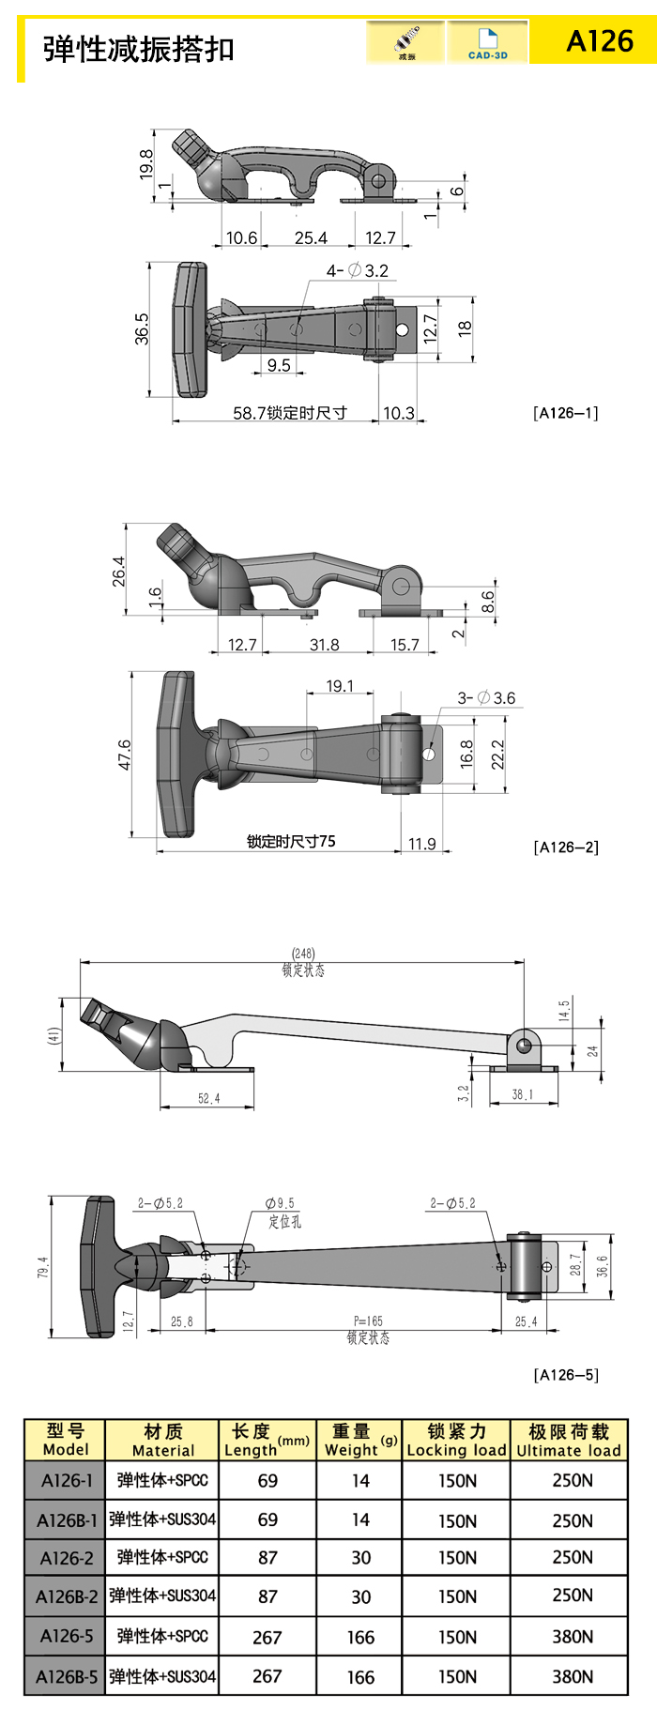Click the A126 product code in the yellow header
[600, 41]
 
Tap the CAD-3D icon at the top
[487, 43]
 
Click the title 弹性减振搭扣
[138, 49]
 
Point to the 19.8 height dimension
[146, 164]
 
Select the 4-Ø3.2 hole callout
[357, 270]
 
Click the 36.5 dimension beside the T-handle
[142, 329]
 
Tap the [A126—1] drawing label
[565, 413]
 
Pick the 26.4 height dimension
[118, 572]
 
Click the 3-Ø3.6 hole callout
[486, 697]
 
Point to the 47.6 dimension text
[125, 756]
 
